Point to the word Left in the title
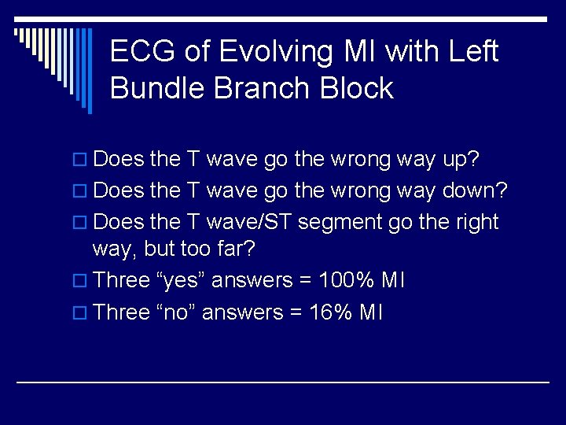pos(472,52)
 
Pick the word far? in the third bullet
pos(238,249)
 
